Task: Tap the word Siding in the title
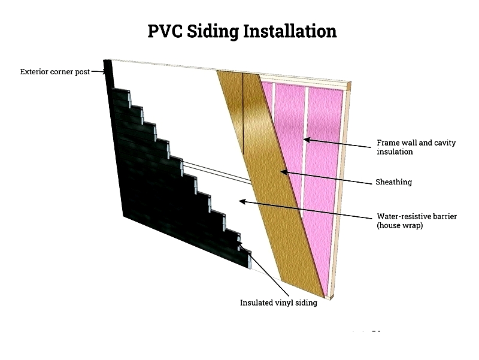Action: click(213, 32)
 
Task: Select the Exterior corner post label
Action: click(55, 72)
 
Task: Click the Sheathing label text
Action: click(394, 182)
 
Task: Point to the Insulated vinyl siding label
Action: click(278, 303)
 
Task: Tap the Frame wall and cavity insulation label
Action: click(416, 147)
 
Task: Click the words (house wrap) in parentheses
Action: click(399, 226)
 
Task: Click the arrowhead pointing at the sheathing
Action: click(283, 172)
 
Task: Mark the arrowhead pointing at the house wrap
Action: click(242, 201)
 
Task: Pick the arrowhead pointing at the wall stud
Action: click(307, 140)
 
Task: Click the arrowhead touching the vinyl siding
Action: click(241, 245)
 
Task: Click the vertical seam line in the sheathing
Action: click(243, 114)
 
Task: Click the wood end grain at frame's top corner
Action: click(349, 86)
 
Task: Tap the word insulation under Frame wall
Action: click(395, 152)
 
